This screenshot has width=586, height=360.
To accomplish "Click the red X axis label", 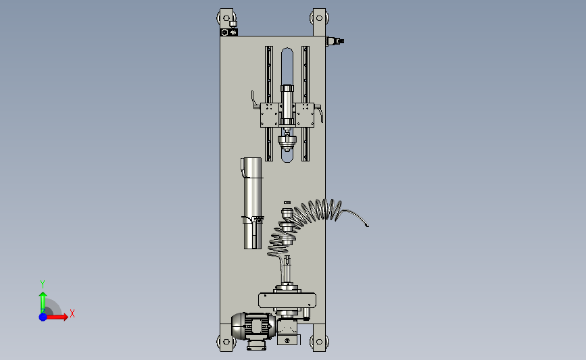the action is pyautogui.click(x=72, y=313).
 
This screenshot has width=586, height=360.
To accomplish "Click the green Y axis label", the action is pyautogui.click(x=43, y=284).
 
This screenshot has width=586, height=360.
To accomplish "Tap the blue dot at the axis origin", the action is pyautogui.click(x=43, y=317).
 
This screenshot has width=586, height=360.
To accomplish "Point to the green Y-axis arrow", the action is pyautogui.click(x=43, y=303).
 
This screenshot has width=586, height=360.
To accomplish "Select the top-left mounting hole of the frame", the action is pyautogui.click(x=226, y=18).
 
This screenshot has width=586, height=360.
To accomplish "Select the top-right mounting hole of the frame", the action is pyautogui.click(x=319, y=18).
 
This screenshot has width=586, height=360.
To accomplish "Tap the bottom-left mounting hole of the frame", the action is pyautogui.click(x=226, y=341).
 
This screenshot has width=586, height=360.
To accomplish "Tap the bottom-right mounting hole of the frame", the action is pyautogui.click(x=319, y=341).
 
